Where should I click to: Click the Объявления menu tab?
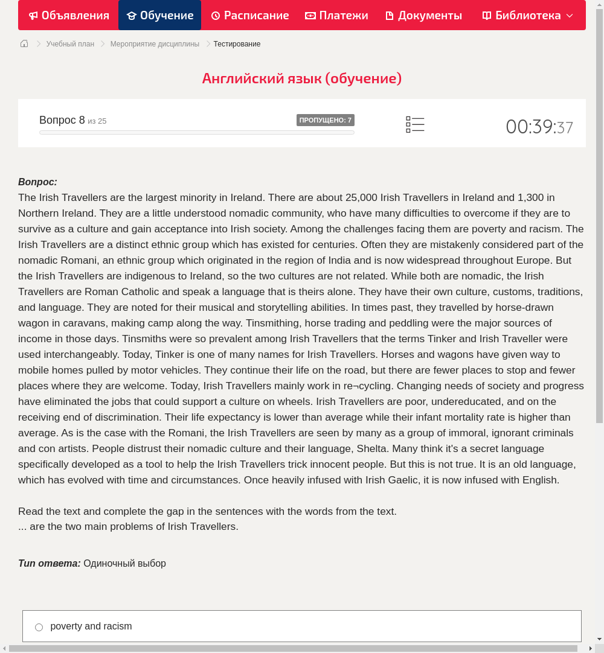(69, 15)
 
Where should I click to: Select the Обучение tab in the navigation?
(160, 15)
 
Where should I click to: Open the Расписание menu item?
(250, 15)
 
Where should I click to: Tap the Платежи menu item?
(336, 15)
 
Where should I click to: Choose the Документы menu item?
(423, 15)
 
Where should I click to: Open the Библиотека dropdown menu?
(527, 15)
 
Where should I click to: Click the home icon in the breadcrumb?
(24, 43)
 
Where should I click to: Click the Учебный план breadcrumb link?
(70, 44)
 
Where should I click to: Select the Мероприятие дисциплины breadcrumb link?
(155, 44)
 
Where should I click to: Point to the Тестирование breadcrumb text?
(237, 44)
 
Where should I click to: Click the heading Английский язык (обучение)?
(302, 78)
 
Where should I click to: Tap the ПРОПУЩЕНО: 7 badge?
(325, 120)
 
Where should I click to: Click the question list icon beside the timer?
(415, 125)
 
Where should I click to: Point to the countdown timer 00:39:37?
(539, 127)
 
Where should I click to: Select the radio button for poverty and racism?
(39, 627)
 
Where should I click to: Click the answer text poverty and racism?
(91, 626)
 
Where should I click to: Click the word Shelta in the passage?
(372, 448)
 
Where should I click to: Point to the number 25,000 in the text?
(361, 197)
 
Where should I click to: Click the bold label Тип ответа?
(50, 563)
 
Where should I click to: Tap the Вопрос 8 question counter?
(62, 120)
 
